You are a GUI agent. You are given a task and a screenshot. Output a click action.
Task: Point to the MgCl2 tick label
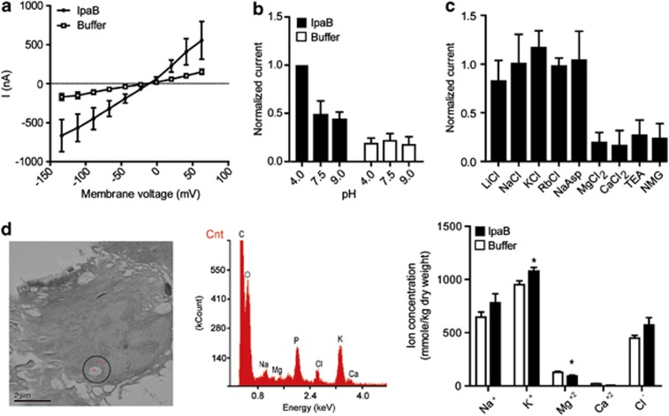point(573,185)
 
